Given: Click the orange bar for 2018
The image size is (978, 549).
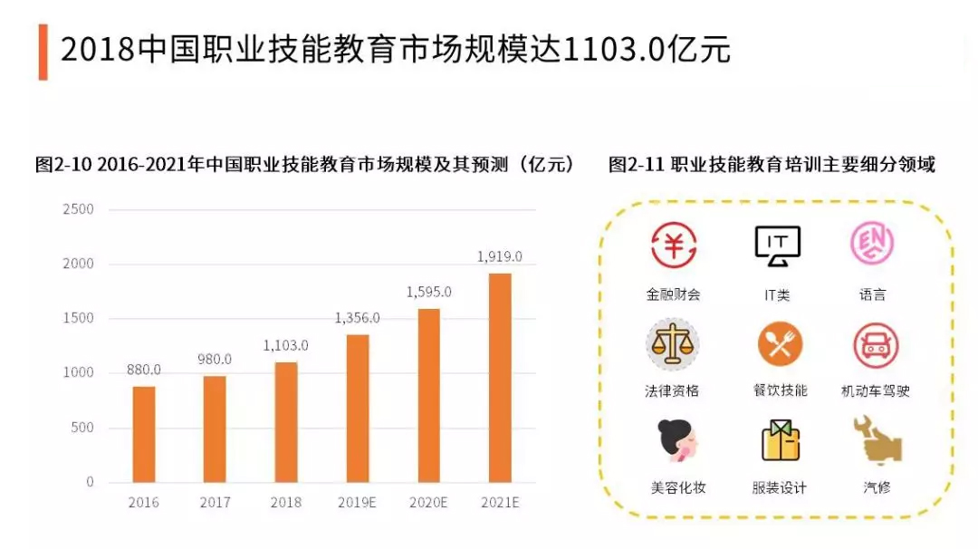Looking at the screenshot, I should [x=286, y=421].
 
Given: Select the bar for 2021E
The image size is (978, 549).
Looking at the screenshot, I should [x=500, y=377].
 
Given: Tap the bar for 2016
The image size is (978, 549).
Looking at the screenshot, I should [x=144, y=434].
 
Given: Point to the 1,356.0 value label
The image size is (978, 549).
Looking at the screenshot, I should [x=358, y=318].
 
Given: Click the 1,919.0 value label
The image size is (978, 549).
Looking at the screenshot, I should [x=500, y=256].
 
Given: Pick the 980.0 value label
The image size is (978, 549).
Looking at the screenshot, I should [x=215, y=359].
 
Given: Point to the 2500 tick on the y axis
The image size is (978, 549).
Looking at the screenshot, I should [x=78, y=209].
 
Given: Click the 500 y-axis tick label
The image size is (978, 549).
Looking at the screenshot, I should [x=83, y=428].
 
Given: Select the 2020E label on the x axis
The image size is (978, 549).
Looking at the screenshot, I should [x=428, y=501].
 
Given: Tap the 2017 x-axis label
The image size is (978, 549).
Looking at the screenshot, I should [x=215, y=501].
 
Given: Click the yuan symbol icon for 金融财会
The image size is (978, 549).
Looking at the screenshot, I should [x=673, y=245].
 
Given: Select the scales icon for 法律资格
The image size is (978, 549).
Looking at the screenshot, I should [x=673, y=343].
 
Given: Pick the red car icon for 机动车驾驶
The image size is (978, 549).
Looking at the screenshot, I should [x=875, y=344].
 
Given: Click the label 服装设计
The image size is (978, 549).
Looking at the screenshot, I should [x=779, y=487].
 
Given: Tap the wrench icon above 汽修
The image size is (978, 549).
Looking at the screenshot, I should [x=875, y=440].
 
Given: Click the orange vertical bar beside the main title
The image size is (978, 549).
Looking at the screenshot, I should [x=43, y=52].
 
